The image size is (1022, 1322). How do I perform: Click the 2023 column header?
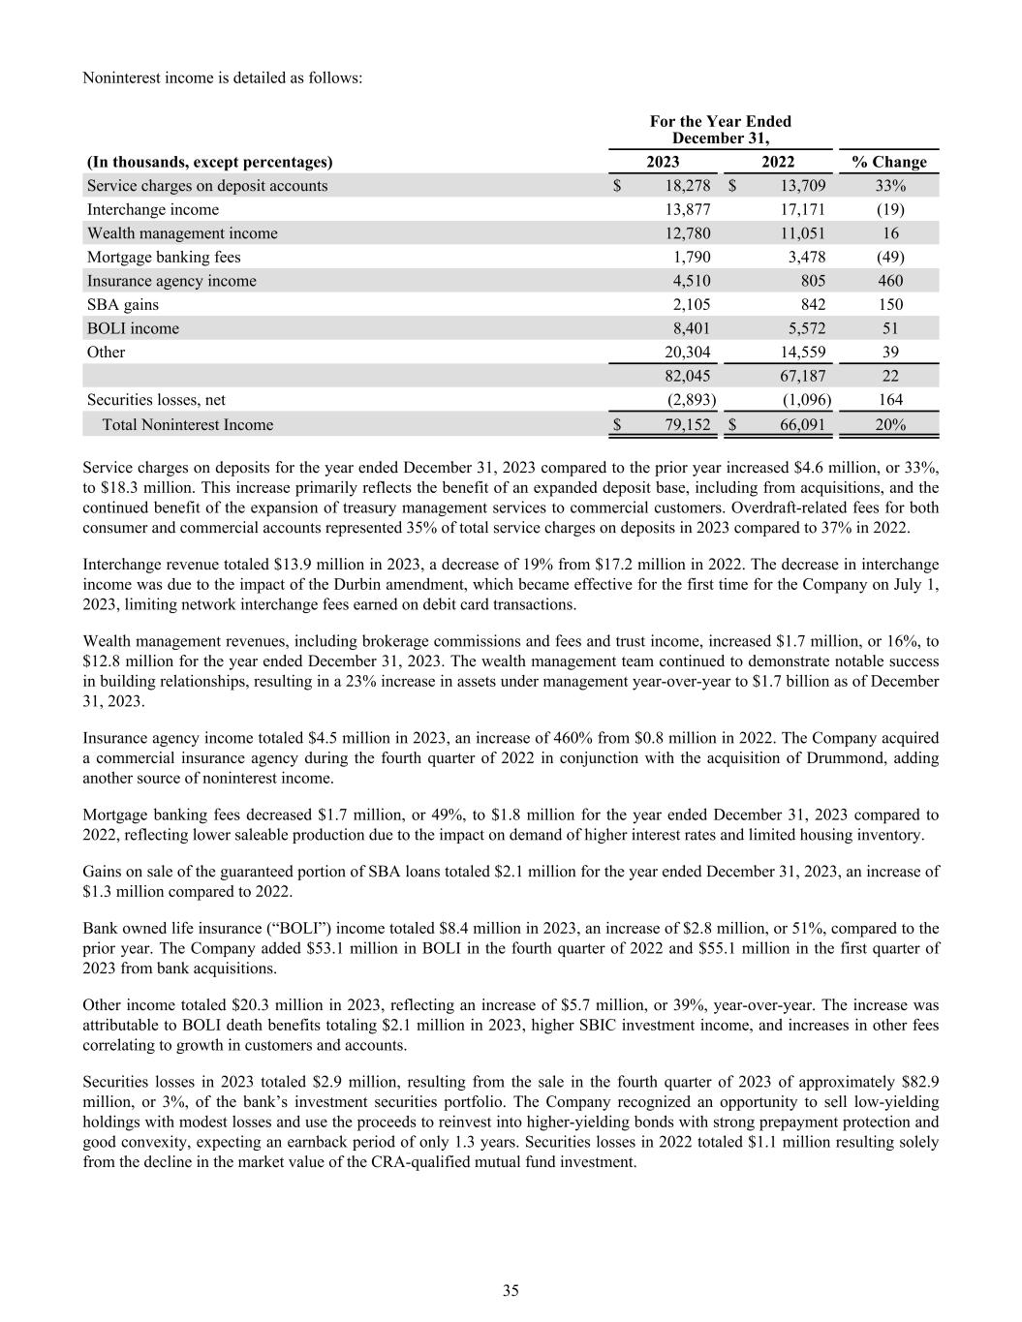point(663,162)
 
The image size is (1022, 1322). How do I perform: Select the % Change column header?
point(888,162)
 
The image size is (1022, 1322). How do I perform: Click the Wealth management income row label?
point(182,233)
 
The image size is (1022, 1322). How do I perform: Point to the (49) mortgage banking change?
point(890,257)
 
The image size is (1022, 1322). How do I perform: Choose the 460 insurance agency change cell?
point(890,281)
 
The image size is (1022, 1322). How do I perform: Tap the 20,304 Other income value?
point(684,352)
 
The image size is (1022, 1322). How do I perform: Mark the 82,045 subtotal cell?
point(684,376)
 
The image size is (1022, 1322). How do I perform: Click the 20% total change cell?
point(890,424)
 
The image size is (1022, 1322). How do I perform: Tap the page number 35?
point(511,1290)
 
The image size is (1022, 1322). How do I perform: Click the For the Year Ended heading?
point(720,121)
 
